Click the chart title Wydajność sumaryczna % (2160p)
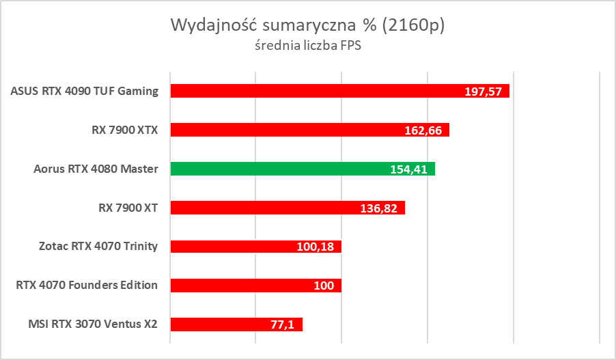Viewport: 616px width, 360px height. [307, 26]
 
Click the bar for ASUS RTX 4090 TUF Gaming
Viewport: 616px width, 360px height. [307, 91]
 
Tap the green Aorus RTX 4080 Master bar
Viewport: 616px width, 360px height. [273, 169]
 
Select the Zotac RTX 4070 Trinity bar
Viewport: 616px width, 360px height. [232, 247]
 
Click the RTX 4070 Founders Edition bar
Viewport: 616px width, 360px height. [232, 286]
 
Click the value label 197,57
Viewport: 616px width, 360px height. [484, 92]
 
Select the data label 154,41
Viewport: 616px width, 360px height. [409, 169]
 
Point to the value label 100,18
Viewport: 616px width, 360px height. [316, 247]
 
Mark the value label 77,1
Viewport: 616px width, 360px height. [282, 325]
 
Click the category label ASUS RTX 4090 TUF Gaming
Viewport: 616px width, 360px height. [85, 91]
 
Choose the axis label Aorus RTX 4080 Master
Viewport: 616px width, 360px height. [96, 169]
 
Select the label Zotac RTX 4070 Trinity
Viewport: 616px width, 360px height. [98, 247]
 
